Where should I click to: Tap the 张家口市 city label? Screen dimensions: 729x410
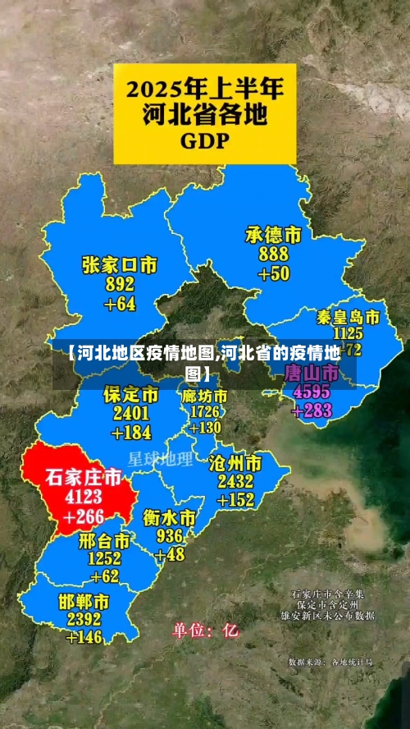120,266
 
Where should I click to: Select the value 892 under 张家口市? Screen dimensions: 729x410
120,285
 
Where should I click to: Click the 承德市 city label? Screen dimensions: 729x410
273,236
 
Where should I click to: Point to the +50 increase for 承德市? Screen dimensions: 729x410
273,273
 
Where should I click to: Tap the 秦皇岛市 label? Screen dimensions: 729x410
348,317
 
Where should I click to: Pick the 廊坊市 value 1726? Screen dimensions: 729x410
204,410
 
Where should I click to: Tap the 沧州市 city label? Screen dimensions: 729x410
235,462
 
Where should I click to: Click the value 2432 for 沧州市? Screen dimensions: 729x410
235,481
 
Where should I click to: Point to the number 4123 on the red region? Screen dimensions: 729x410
84,497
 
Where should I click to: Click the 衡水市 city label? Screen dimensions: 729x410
169,519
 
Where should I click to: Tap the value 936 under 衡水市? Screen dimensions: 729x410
169,537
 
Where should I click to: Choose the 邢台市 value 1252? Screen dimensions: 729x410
104,559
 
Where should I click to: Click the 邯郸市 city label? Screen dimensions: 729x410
84,601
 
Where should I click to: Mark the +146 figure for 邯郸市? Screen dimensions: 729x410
84,636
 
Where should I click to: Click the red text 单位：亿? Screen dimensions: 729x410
205,630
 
